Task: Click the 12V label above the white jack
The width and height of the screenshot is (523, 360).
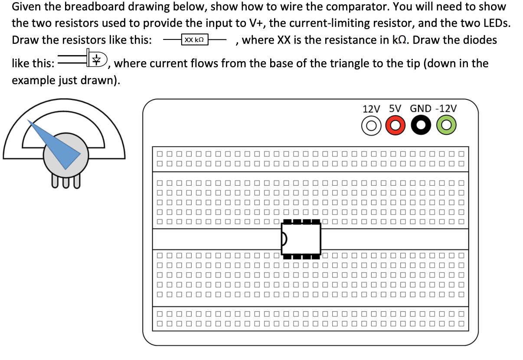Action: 371,108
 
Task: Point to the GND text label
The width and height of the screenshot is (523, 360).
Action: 420,108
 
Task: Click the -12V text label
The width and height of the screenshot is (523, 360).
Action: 445,108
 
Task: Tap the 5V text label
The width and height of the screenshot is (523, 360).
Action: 395,108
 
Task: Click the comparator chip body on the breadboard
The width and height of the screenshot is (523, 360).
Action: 301,238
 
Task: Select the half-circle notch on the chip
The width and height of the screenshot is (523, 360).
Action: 284,238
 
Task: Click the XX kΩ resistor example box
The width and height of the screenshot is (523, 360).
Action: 194,40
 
